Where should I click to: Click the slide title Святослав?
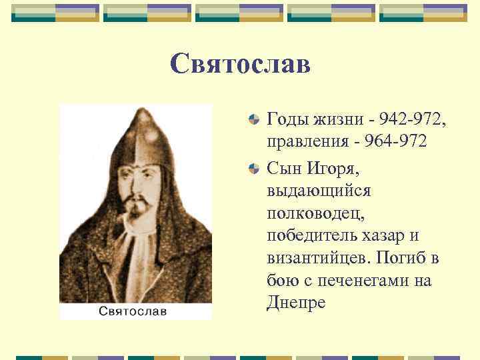pyautogui.click(x=240, y=64)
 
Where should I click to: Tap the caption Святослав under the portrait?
pyautogui.click(x=133, y=311)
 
